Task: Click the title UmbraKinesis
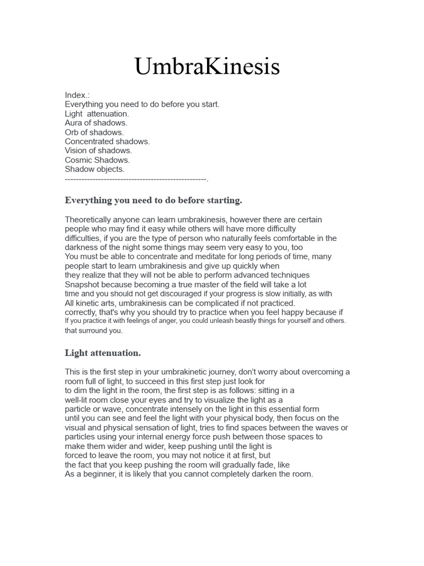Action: click(207, 67)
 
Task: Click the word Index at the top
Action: click(76, 95)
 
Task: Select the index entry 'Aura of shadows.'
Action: click(96, 123)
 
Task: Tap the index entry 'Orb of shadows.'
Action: click(94, 132)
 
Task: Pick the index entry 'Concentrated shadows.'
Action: click(107, 141)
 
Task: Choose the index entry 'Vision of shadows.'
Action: click(98, 150)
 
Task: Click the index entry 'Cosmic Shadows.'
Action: click(97, 160)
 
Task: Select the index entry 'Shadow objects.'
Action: click(94, 169)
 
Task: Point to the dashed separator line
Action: click(136, 179)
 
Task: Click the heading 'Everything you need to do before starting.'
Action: click(153, 200)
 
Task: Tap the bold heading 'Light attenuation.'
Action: click(103, 353)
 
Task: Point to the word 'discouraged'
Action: click(163, 294)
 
